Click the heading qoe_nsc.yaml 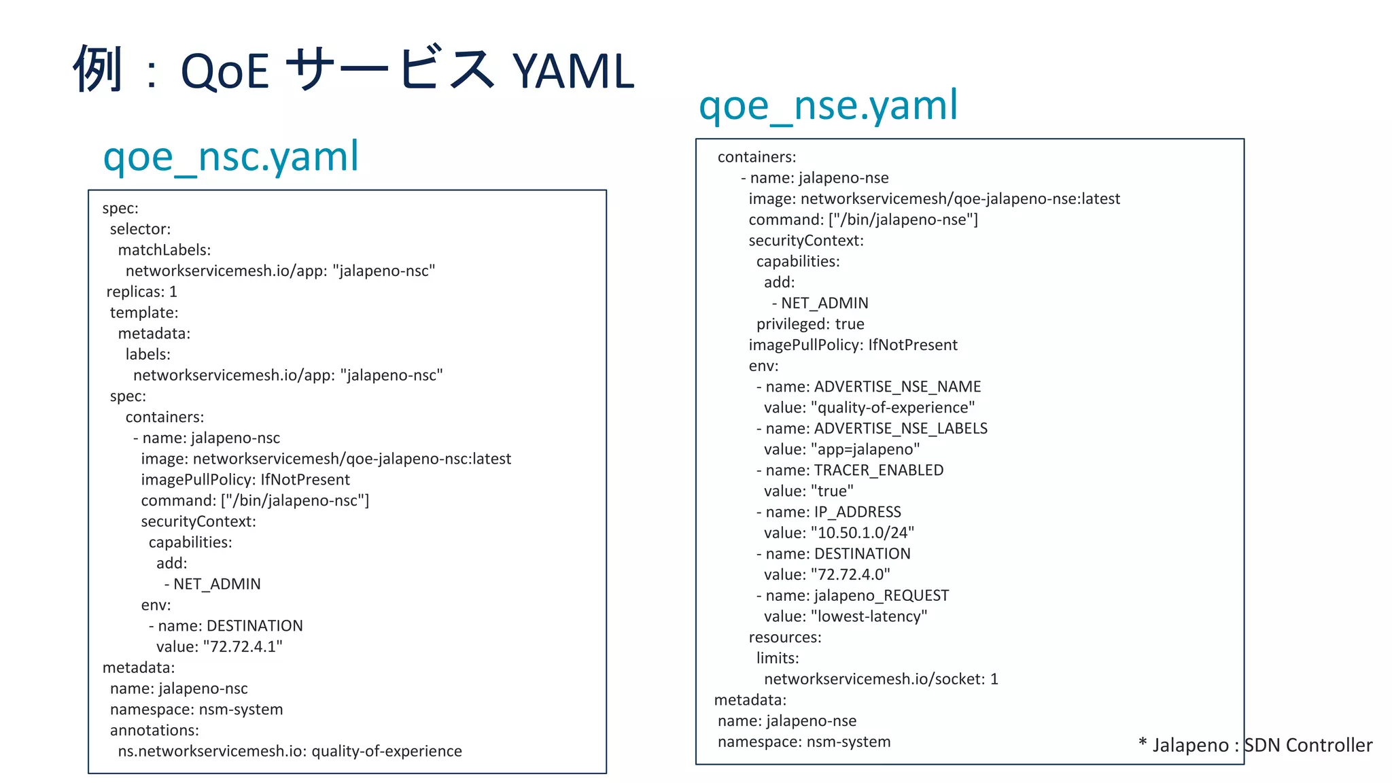(x=230, y=156)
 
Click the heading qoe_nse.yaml (x=828, y=105)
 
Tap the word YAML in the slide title (x=573, y=71)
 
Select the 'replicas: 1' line (x=141, y=292)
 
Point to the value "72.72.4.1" (x=243, y=646)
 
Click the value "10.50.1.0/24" (x=863, y=533)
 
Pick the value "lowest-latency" (x=869, y=616)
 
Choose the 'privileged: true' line (x=810, y=324)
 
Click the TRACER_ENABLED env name (x=878, y=470)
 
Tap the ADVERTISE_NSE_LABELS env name (x=901, y=428)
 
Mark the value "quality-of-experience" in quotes (x=893, y=408)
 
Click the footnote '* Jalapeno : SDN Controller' (x=1255, y=745)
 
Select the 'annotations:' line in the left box (x=154, y=731)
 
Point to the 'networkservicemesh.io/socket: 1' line (x=881, y=679)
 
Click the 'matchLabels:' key (x=164, y=250)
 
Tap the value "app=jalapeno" (x=865, y=449)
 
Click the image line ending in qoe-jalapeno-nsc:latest (x=326, y=459)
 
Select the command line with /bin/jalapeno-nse (x=863, y=220)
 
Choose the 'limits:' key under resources (x=778, y=658)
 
